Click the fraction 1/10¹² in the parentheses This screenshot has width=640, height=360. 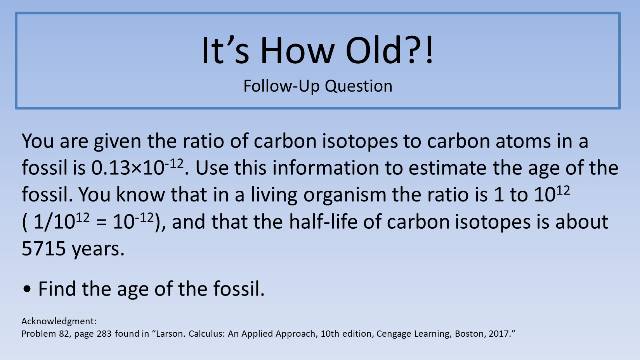(x=59, y=221)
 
